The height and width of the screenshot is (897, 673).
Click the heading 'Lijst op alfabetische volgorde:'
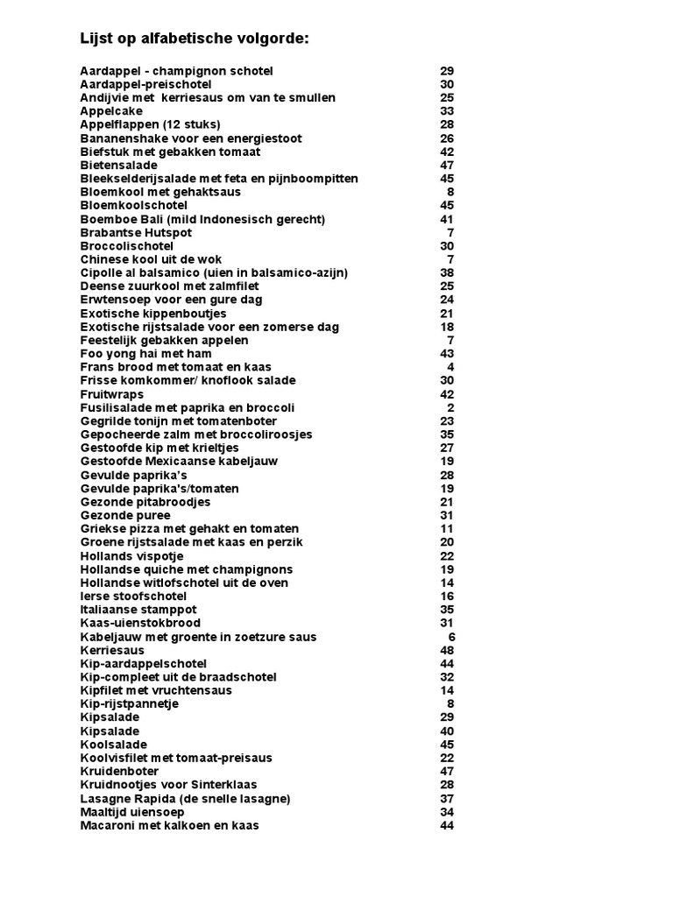[x=195, y=39]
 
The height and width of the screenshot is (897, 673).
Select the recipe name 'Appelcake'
[x=111, y=111]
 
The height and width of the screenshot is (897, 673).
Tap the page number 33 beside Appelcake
[x=447, y=111]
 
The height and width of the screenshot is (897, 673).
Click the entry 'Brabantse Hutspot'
[x=136, y=232]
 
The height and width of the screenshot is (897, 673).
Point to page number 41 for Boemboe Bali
[x=447, y=219]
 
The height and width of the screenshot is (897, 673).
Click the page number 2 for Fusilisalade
[x=450, y=407]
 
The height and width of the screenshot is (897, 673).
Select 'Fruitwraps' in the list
[x=112, y=394]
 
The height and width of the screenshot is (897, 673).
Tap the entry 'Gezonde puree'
[x=125, y=515]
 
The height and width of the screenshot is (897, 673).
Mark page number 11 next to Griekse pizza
[x=447, y=528]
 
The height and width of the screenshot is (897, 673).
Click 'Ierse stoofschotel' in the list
[x=133, y=596]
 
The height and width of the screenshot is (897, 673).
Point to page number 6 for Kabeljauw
[x=450, y=637]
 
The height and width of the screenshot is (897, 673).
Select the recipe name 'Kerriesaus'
[x=112, y=650]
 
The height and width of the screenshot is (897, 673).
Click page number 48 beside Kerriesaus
[x=447, y=650]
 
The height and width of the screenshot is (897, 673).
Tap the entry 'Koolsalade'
[x=114, y=745]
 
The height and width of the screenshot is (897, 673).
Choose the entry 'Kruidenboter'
[x=120, y=771]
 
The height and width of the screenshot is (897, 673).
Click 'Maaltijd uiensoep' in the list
[x=132, y=811]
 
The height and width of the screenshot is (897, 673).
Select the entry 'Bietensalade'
[x=119, y=165]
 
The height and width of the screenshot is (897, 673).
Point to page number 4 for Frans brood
[x=450, y=366]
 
